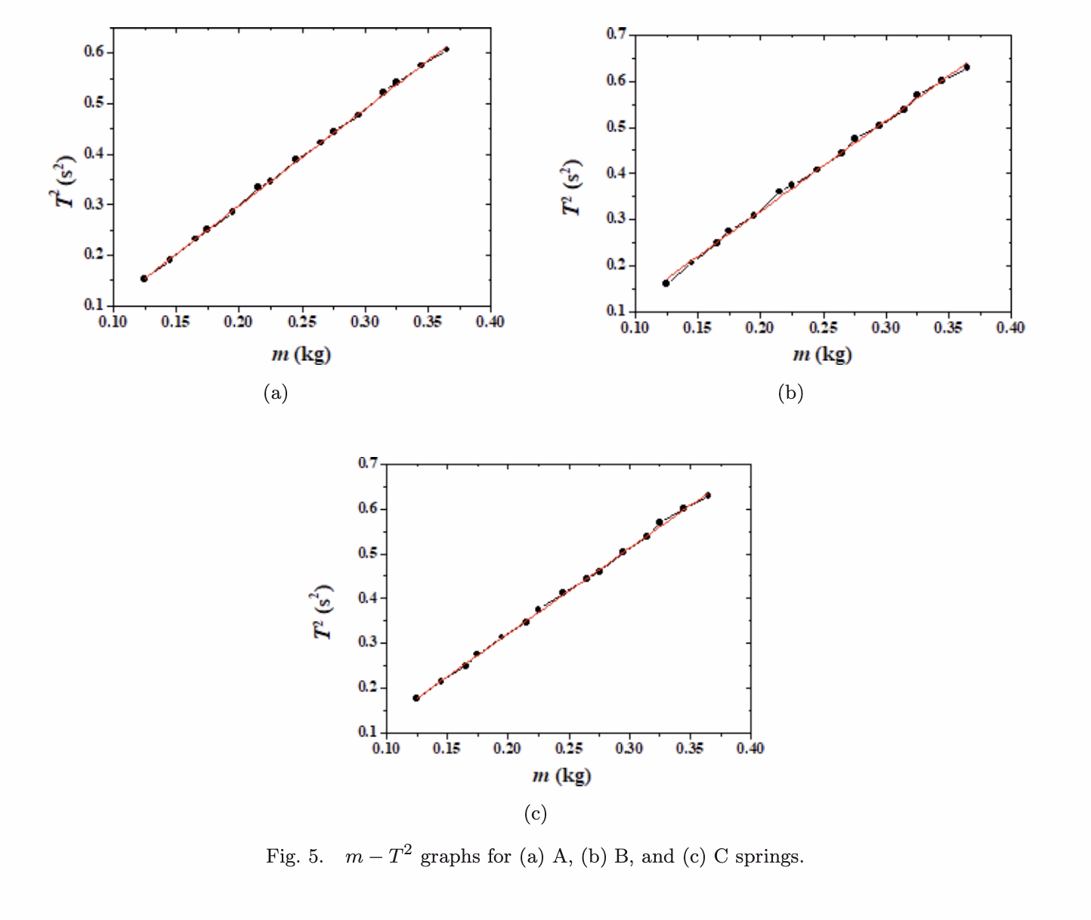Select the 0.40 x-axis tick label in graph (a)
point(491,322)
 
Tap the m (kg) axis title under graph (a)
point(301,354)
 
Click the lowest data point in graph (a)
point(144,279)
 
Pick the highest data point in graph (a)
point(447,49)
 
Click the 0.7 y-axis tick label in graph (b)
point(617,34)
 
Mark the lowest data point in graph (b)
point(666,283)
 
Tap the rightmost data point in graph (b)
point(967,67)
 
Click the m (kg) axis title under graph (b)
point(822,354)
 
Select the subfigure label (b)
point(790,393)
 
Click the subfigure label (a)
point(275,393)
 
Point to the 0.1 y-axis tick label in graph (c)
point(369,732)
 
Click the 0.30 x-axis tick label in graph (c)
point(629,749)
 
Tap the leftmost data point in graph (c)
point(416,698)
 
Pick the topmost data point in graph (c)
point(708,496)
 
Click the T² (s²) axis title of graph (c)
point(324,612)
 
